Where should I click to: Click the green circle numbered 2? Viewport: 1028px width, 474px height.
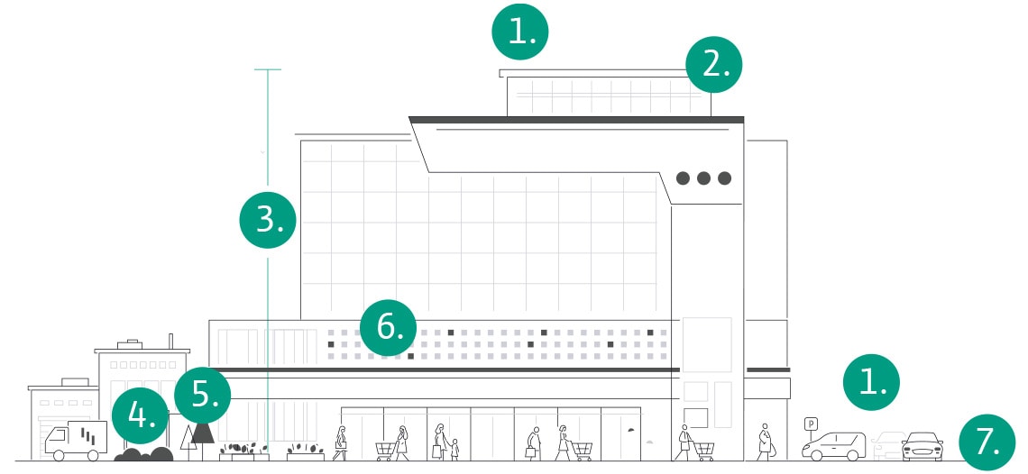pos(714,65)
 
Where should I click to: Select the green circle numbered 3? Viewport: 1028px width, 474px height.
pos(268,219)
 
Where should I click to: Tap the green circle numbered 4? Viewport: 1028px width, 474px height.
pos(140,416)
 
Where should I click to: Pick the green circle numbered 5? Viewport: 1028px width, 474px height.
pos(202,394)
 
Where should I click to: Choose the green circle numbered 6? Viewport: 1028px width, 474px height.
pos(388,327)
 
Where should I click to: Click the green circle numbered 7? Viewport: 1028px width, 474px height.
pos(987,442)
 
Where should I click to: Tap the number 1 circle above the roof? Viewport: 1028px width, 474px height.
pos(519,32)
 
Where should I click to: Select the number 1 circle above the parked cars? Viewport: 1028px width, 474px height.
pos(871,382)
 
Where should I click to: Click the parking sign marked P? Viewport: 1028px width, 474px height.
pos(810,423)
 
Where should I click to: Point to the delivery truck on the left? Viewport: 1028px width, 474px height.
pos(76,440)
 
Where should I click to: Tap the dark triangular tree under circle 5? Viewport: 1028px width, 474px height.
pos(203,433)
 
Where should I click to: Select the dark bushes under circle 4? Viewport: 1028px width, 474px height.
pos(143,454)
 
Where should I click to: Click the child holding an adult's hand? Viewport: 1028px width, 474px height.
pos(454,448)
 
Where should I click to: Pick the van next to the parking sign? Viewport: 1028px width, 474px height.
pos(834,445)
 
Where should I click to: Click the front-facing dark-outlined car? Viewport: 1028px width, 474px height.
pos(922,446)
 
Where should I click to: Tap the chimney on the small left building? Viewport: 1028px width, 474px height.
pos(170,341)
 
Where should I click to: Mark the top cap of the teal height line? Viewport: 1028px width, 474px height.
pos(268,69)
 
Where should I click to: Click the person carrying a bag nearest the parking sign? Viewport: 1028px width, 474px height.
pos(765,442)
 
